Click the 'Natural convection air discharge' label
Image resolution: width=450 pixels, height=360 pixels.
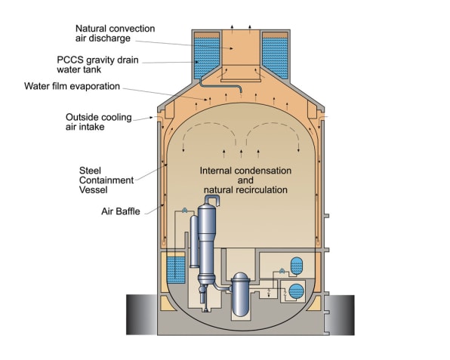point(115,33)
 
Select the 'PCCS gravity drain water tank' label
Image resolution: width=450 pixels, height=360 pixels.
point(97,65)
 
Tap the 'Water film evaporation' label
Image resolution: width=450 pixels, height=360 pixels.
point(72,86)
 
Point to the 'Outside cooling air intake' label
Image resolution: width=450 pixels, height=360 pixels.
point(99,122)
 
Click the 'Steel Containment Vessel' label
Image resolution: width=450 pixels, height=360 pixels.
point(106,180)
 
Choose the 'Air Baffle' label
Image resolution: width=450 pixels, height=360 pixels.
point(121,211)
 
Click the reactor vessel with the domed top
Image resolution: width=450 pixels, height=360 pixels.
point(241,294)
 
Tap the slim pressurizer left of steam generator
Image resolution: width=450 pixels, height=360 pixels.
point(194,242)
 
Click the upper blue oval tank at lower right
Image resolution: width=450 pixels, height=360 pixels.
point(297,266)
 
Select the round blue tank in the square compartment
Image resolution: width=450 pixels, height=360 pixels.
point(296,291)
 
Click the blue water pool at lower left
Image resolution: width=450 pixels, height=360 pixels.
point(176,269)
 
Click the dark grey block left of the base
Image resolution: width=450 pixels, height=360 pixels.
point(142,315)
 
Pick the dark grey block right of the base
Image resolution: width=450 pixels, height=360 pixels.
point(340,315)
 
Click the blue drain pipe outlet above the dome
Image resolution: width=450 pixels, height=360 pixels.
point(241,91)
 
